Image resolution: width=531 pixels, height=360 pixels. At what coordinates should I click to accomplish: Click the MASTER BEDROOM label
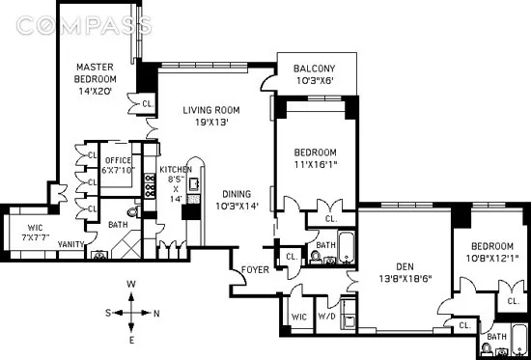97,73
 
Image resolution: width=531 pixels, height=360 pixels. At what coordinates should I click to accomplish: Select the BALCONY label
315,68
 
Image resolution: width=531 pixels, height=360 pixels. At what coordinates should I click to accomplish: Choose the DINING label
235,193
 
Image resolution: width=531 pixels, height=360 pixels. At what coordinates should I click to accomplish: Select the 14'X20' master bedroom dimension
97,92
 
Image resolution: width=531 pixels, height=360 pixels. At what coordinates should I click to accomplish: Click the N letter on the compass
157,313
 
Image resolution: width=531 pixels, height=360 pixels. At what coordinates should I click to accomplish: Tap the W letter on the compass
132,283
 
